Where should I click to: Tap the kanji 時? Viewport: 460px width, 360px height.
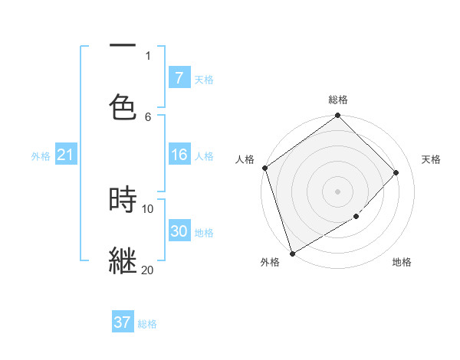123,199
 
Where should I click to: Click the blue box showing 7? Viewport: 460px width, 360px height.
179,77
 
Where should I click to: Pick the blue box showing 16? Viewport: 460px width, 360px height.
179,155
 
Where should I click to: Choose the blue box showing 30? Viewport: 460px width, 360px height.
179,231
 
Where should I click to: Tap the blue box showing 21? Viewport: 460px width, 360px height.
65,155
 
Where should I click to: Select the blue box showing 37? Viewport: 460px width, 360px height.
122,322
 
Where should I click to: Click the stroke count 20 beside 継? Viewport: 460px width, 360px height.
147,270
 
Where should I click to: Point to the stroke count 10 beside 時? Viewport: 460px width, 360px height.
147,208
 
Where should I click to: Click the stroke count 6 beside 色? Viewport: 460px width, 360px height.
148,116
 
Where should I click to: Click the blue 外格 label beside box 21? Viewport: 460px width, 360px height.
41,155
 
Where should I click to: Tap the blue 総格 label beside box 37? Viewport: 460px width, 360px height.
147,324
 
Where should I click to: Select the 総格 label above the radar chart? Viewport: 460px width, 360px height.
338,100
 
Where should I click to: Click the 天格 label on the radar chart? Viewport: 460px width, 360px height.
431,159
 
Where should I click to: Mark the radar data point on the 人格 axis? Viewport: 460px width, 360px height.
264,168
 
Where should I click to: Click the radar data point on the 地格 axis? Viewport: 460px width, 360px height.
356,217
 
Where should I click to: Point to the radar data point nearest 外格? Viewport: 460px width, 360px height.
292,254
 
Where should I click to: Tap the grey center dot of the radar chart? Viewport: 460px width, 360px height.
338,191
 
